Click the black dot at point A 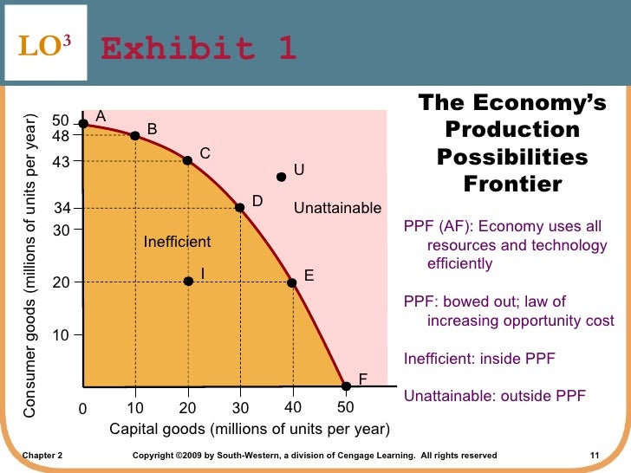(83, 124)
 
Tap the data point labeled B (135, 136)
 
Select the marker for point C (187, 160)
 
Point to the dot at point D (240, 207)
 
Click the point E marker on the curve (292, 282)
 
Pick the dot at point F (345, 386)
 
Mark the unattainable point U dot (281, 177)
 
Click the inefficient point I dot (188, 282)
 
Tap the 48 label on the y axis (61, 136)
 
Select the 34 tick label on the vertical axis (62, 208)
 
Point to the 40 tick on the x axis (293, 407)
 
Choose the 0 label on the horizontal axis (83, 409)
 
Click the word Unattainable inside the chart (337, 208)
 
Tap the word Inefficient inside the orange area (177, 242)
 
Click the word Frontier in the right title (512, 185)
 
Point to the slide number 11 (594, 455)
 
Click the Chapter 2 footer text (42, 455)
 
